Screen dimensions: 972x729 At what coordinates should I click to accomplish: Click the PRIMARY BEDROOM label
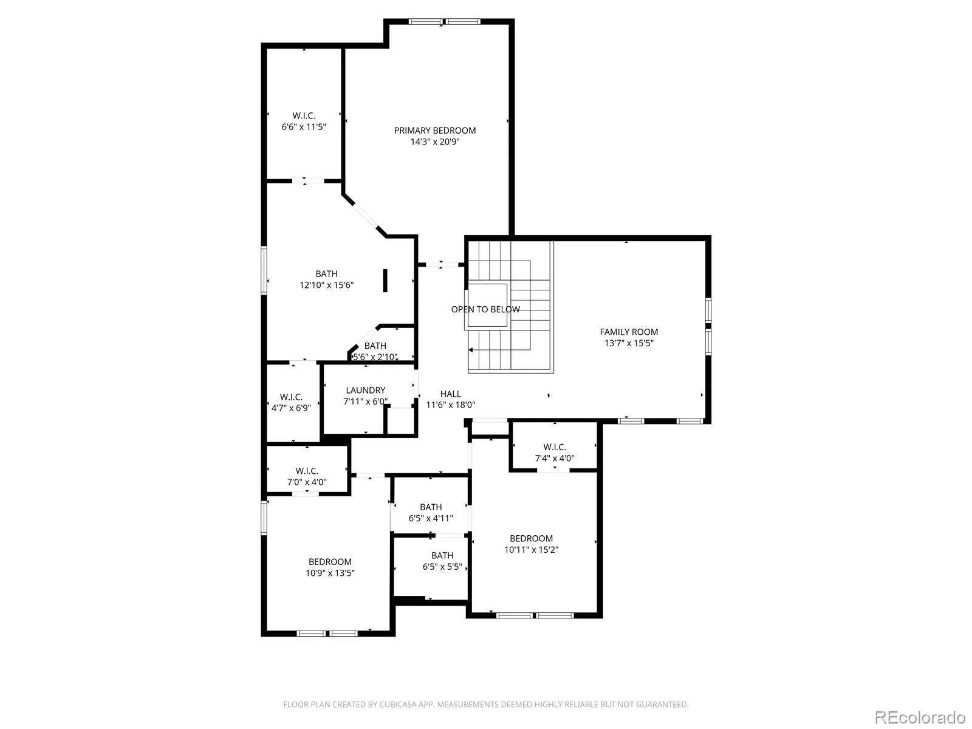pos(435,131)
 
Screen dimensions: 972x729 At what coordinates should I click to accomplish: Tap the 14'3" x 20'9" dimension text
pos(435,142)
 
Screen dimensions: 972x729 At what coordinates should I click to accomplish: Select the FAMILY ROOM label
pos(629,332)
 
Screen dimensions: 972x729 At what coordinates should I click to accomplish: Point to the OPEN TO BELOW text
pos(485,309)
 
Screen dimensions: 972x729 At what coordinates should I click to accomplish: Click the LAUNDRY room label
pos(365,391)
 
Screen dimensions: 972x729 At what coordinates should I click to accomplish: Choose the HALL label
pos(450,394)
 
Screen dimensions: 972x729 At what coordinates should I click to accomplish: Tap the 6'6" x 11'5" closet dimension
pos(304,127)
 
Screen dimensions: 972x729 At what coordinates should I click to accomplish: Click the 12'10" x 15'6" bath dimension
pos(326,285)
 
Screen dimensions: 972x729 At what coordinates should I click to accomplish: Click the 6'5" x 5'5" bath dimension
pos(442,567)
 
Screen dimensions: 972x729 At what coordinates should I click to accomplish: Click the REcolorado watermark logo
pos(920,717)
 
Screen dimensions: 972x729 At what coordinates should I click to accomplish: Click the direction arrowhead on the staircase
pos(470,350)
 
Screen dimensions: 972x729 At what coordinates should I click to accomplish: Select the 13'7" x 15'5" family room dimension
pos(629,343)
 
